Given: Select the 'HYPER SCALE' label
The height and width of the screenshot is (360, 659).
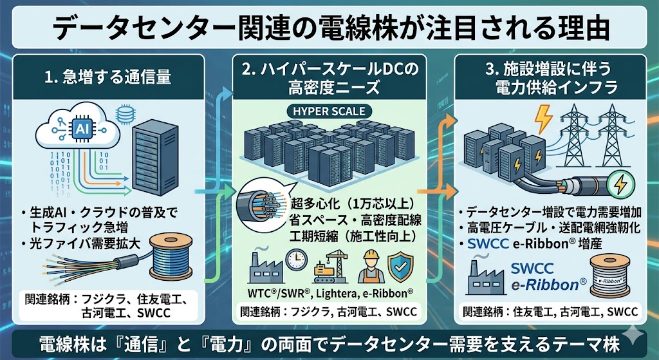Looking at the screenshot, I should click(x=329, y=111).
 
